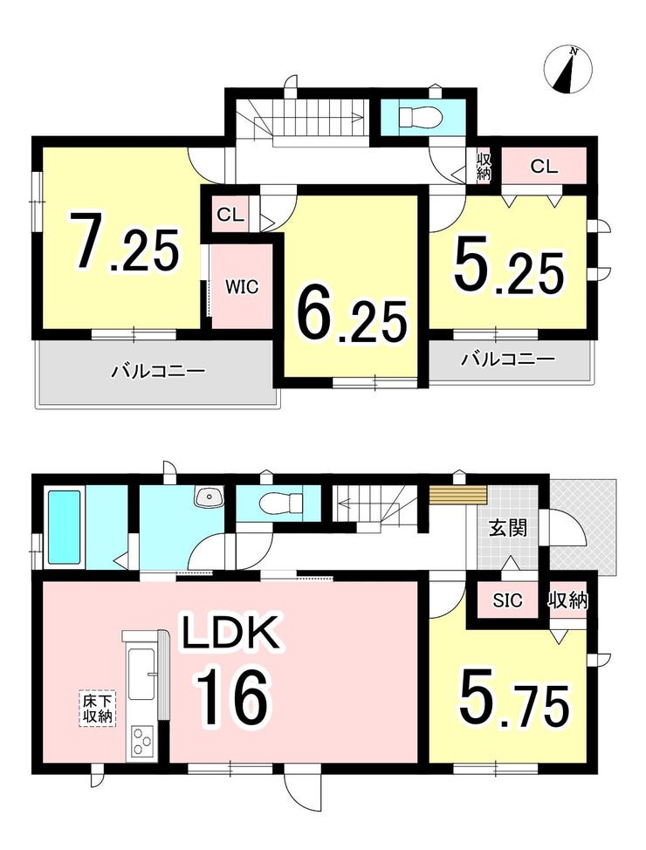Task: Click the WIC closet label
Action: (x=242, y=287)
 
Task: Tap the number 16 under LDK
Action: (x=232, y=696)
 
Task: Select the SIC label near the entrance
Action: (x=507, y=600)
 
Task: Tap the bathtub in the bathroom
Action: (x=65, y=526)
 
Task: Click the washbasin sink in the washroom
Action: (x=209, y=496)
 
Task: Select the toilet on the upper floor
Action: (x=421, y=115)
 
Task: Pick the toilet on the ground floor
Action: (x=281, y=503)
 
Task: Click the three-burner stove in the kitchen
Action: (x=142, y=741)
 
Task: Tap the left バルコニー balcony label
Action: (x=159, y=372)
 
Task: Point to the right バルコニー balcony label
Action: (x=508, y=360)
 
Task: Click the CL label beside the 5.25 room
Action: (x=544, y=166)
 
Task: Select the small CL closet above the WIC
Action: (x=230, y=215)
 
